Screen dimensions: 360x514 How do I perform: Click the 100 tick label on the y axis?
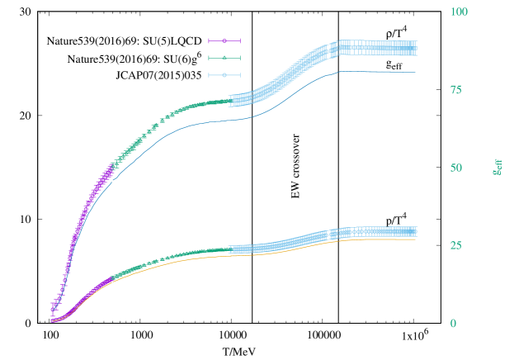(x=459, y=12)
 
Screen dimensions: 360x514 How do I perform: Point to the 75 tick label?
(x=455, y=90)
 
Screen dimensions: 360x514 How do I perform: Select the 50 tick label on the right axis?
(x=455, y=168)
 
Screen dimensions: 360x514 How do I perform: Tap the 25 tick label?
(x=455, y=245)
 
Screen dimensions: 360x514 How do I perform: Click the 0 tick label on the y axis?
(x=452, y=324)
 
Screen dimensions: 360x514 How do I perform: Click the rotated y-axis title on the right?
(x=497, y=168)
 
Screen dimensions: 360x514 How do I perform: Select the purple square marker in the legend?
(x=224, y=40)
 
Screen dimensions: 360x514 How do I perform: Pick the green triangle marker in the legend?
(x=224, y=58)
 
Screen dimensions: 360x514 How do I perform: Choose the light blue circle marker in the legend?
(x=224, y=75)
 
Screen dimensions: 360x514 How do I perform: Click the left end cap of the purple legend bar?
(x=210, y=40)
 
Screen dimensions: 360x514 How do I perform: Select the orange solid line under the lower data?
(x=206, y=257)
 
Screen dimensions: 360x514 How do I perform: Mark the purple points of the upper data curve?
(x=91, y=197)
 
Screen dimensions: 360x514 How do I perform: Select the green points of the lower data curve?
(x=165, y=259)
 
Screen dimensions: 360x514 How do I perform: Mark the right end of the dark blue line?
(x=415, y=72)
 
